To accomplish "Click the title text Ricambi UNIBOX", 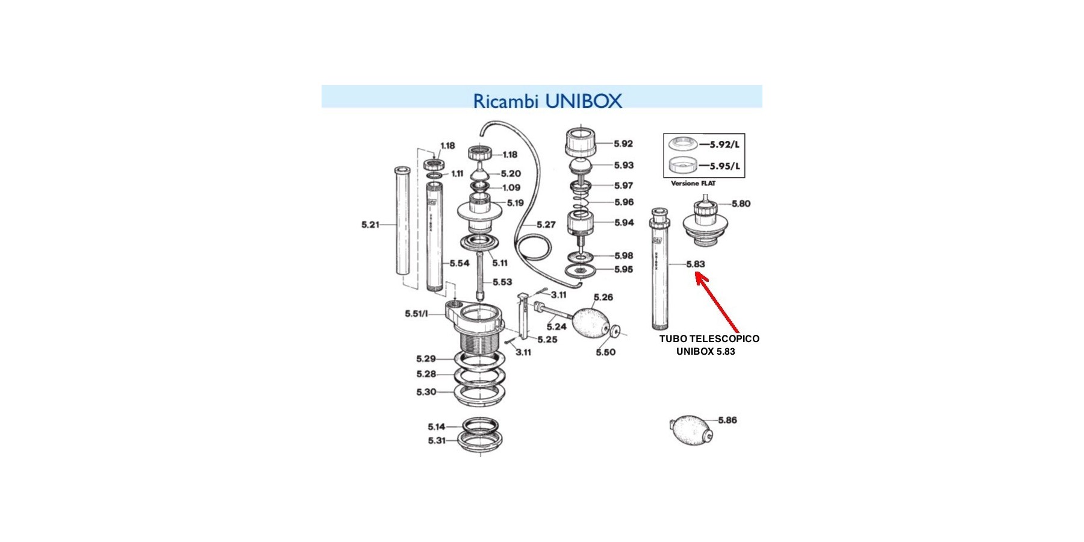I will coord(547,101).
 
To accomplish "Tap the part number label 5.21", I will coord(370,225).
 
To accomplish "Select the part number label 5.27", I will coord(546,225).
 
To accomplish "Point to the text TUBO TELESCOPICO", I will coord(709,338).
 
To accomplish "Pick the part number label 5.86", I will coord(727,420).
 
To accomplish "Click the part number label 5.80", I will coord(741,204).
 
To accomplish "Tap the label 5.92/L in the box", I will coord(724,145).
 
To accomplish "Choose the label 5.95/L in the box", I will coord(724,166).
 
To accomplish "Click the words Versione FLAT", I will coord(693,183).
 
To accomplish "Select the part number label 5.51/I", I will coord(416,314).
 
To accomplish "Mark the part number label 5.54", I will coord(459,263).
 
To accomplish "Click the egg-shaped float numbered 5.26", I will coord(590,324).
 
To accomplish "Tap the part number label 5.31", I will coord(437,441).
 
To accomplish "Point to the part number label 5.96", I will coord(624,202).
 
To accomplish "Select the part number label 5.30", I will coord(426,392).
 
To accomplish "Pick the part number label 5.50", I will coord(605,352).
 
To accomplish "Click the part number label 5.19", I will coord(515,203).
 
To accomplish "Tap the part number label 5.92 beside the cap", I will coord(623,144).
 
